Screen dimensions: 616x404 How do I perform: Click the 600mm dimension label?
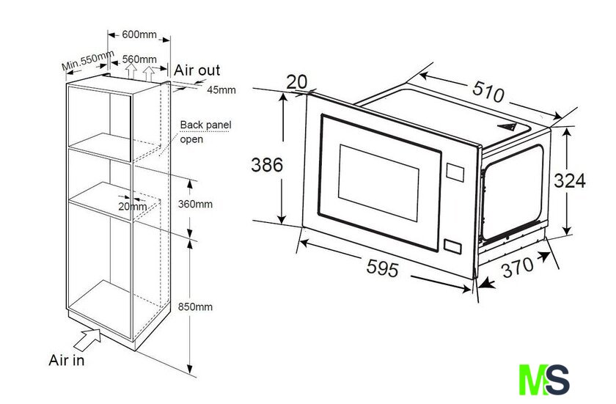click(x=139, y=34)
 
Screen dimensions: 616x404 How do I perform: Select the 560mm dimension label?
click(x=139, y=59)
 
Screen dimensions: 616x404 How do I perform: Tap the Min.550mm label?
click(x=88, y=60)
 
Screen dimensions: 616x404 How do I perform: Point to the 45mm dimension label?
click(x=221, y=90)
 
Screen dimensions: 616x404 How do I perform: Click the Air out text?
click(x=197, y=70)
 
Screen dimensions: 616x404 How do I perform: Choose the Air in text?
click(x=67, y=360)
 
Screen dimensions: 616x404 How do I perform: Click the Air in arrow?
click(x=87, y=339)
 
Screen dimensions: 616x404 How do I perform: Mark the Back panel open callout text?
click(x=205, y=132)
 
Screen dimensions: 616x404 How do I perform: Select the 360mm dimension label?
click(x=195, y=204)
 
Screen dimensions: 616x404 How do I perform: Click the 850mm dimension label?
click(x=195, y=306)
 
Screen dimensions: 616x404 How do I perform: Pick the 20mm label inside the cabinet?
click(x=133, y=206)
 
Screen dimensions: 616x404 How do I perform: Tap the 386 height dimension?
click(x=267, y=165)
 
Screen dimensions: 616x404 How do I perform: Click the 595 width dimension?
click(x=383, y=269)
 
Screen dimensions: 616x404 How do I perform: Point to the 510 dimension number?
click(x=488, y=92)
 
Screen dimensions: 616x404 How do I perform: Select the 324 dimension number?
click(x=570, y=181)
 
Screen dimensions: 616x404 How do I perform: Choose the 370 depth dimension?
click(x=518, y=267)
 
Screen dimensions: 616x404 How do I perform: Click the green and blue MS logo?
click(x=544, y=379)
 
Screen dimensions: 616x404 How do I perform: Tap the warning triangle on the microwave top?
click(x=508, y=126)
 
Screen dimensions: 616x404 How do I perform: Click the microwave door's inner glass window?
click(x=378, y=183)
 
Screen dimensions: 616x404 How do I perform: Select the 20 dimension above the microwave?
click(x=296, y=82)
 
